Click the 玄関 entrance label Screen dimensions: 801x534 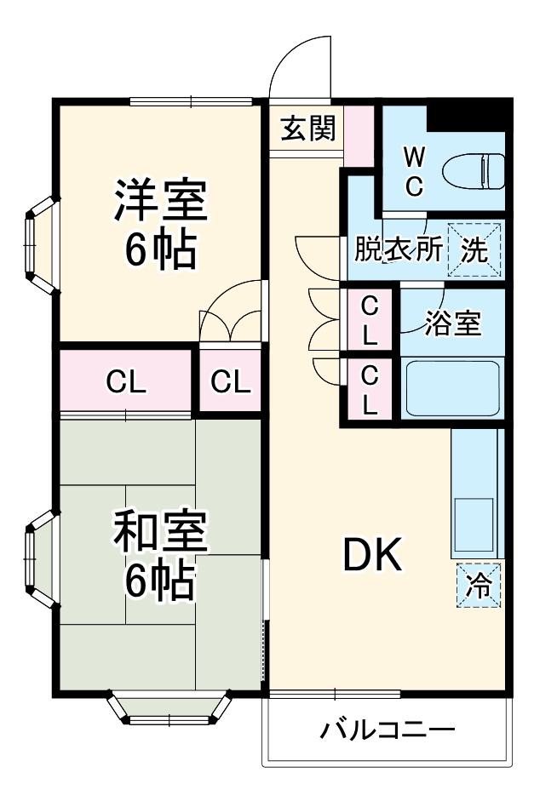click(x=308, y=129)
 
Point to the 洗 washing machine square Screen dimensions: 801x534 click(x=474, y=249)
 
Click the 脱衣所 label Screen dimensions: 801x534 click(x=399, y=249)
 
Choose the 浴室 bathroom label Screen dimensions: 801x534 click(x=453, y=323)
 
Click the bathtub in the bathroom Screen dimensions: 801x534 click(x=451, y=387)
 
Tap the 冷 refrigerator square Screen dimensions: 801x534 click(x=479, y=585)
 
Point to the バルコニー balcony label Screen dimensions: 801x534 click(x=388, y=729)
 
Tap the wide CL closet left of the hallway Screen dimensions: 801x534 click(x=126, y=382)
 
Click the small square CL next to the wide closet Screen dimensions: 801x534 click(x=231, y=382)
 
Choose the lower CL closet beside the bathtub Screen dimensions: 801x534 click(x=369, y=389)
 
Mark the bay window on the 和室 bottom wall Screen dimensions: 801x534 click(x=169, y=708)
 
